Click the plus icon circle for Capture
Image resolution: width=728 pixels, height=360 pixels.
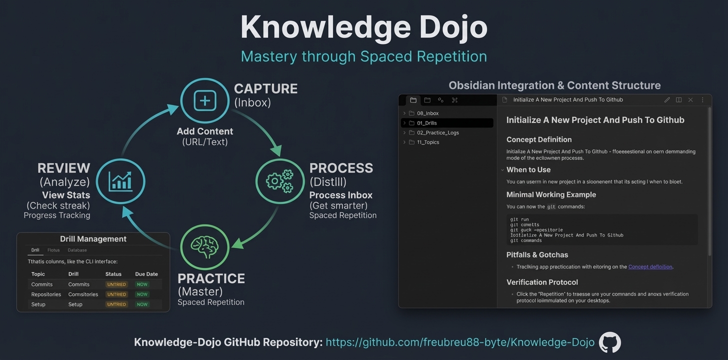click(204, 101)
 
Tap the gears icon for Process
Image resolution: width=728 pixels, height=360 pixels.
click(280, 181)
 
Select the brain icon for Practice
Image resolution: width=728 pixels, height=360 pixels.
click(204, 246)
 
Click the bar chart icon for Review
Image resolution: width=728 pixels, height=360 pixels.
click(120, 181)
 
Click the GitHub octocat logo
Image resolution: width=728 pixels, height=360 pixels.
click(609, 342)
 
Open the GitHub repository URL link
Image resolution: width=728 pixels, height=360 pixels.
click(459, 342)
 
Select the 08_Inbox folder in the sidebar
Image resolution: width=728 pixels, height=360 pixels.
click(427, 113)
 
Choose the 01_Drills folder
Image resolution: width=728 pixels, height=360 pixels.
click(426, 123)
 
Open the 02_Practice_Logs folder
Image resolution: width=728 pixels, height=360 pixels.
click(437, 132)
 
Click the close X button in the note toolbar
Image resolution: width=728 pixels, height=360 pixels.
click(690, 100)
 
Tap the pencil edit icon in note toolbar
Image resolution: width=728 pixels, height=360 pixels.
click(667, 100)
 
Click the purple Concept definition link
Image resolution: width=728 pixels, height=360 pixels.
click(650, 267)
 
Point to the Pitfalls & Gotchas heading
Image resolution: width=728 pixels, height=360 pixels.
click(537, 255)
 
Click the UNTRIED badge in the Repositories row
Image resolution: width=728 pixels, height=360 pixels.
click(116, 294)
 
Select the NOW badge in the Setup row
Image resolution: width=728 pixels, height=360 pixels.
click(142, 304)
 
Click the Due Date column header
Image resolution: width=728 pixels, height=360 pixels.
click(146, 274)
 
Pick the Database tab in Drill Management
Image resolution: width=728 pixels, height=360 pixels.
click(77, 250)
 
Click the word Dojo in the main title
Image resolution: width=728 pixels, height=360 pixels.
click(453, 27)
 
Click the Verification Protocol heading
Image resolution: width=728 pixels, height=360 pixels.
click(542, 282)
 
